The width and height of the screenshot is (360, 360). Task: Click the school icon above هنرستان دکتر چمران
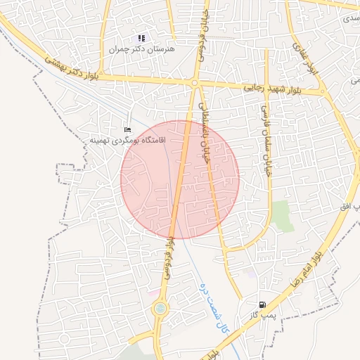coord(141,38)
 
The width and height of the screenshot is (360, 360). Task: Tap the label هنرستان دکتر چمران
coord(142,50)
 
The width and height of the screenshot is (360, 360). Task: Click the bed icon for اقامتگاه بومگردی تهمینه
coord(127,130)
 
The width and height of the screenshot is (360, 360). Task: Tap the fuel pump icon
coord(262,304)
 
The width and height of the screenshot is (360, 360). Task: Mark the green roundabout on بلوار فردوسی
coord(160,308)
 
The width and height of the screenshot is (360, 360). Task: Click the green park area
coord(283,216)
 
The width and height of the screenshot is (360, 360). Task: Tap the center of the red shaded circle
coord(180,179)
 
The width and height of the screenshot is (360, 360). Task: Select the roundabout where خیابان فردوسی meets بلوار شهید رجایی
coord(194,83)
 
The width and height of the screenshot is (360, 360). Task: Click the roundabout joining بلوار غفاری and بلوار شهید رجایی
coord(323,91)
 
